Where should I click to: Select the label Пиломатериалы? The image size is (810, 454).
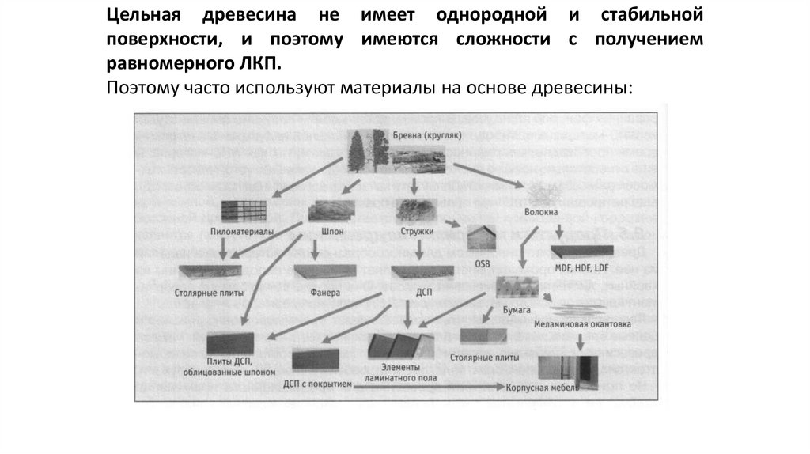242,232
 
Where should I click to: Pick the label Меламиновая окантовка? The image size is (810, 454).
582,323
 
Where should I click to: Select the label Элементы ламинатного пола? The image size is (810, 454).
403,373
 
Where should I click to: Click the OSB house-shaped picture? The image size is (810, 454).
483,237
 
